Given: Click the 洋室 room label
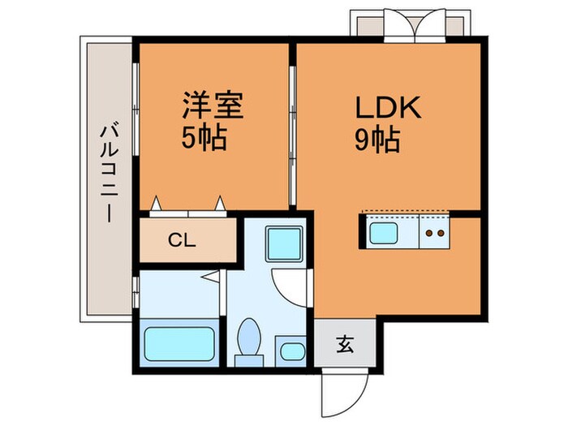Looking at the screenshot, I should (x=213, y=106).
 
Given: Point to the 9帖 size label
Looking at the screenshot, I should (x=376, y=142).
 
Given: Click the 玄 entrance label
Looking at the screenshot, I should (x=344, y=345).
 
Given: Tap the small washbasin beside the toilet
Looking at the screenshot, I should (x=290, y=351).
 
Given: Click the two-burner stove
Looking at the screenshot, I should (x=434, y=234).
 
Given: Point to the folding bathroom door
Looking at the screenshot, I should (x=213, y=278).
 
